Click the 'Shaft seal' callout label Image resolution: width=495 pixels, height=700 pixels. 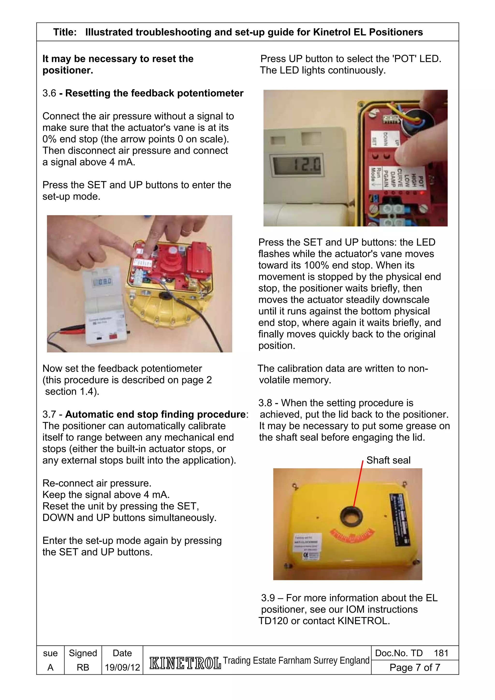[x=388, y=460]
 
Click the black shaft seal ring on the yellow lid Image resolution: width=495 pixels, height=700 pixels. [x=351, y=516]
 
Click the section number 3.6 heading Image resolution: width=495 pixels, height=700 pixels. [x=49, y=93]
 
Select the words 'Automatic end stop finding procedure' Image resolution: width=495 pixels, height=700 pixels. [x=155, y=414]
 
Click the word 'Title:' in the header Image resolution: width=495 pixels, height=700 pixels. [x=65, y=32]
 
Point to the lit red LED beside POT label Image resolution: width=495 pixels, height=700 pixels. [x=422, y=193]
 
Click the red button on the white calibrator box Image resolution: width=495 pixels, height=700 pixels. [x=113, y=336]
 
